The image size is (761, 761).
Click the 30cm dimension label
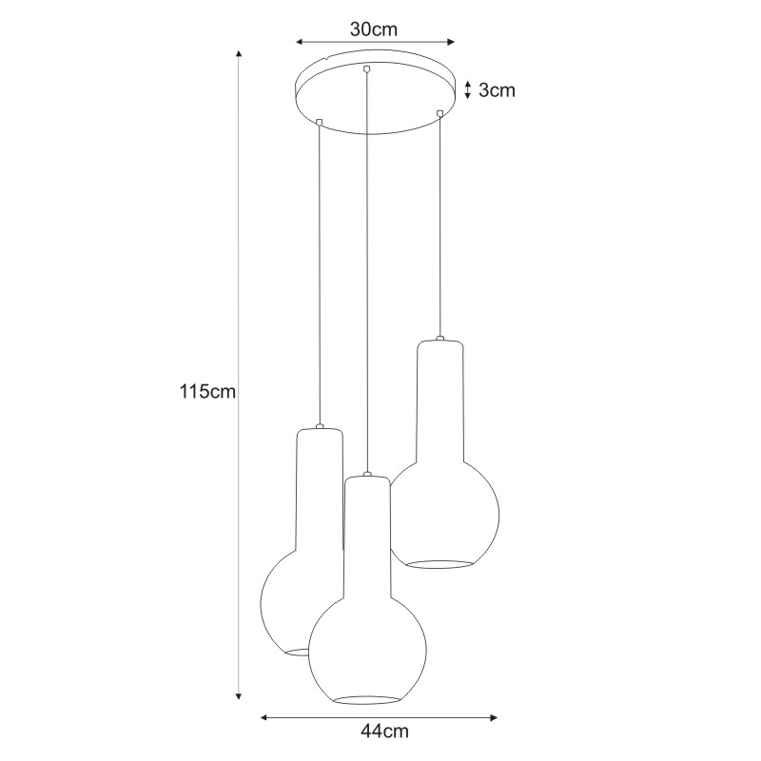click(373, 29)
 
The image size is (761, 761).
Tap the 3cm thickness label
click(497, 90)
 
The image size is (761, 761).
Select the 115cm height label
click(207, 391)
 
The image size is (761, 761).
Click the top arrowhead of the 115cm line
click(239, 53)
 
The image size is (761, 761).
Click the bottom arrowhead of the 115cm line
click(239, 696)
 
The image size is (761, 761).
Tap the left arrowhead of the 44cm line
click(264, 718)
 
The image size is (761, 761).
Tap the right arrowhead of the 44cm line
click(494, 718)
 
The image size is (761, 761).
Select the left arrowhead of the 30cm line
click(300, 42)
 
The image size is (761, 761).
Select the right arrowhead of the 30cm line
click(450, 42)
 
